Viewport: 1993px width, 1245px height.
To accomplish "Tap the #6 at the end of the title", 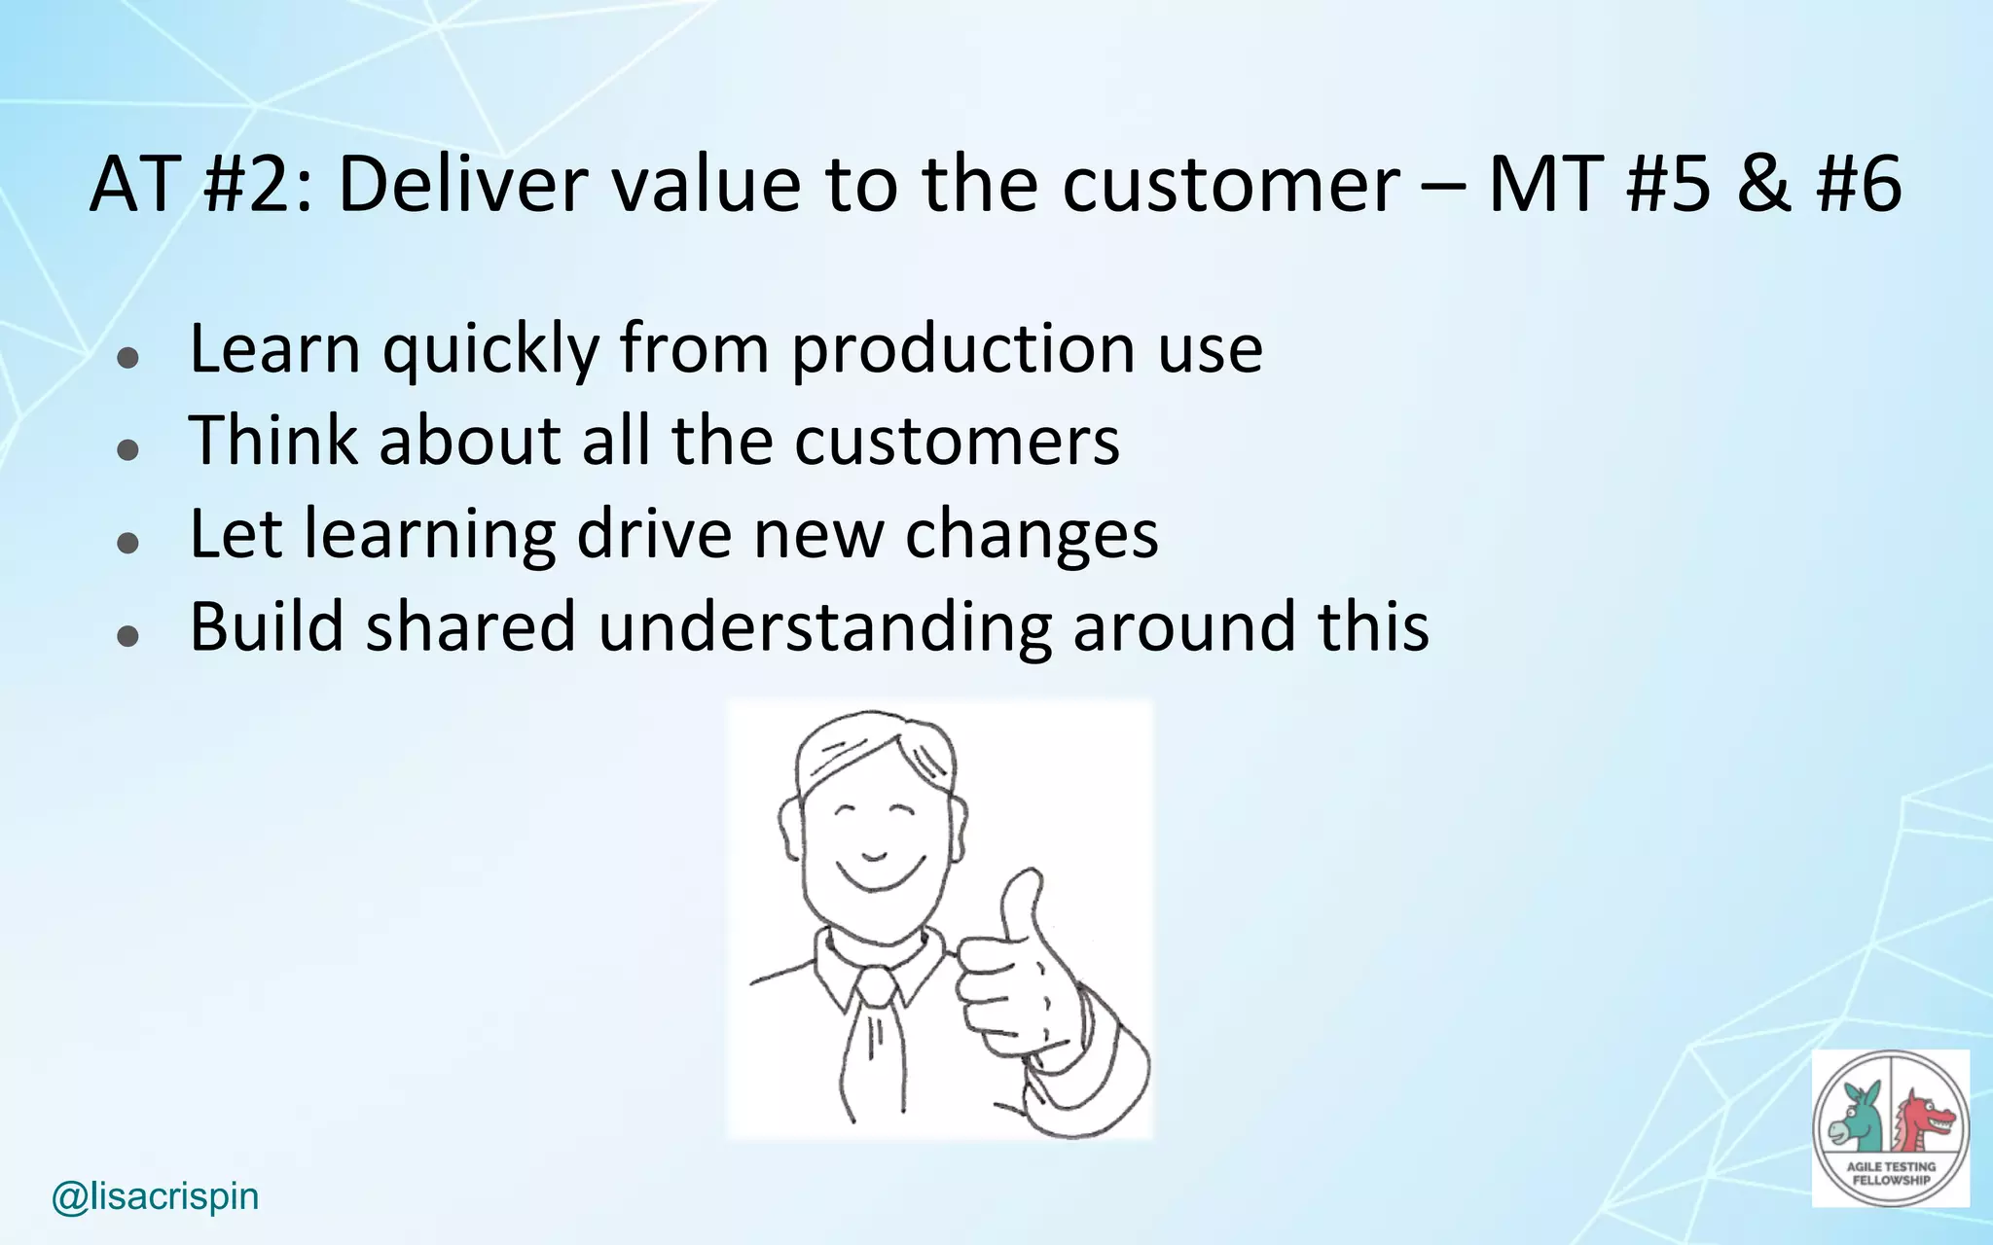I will click(1859, 185).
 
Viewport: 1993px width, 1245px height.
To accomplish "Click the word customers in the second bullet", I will click(957, 441).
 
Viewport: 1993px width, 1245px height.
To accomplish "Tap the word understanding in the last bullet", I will click(824, 626).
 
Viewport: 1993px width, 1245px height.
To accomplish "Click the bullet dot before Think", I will click(127, 449).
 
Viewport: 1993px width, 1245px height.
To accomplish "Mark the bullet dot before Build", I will click(127, 636).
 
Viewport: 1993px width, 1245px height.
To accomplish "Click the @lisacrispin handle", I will click(156, 1196).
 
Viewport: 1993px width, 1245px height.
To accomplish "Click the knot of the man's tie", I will click(876, 987).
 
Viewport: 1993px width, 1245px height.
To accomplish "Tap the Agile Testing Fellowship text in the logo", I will click(1891, 1173).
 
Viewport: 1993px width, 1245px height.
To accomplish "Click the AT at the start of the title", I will click(134, 185).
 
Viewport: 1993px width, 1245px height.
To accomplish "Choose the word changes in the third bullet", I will click(1032, 534).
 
